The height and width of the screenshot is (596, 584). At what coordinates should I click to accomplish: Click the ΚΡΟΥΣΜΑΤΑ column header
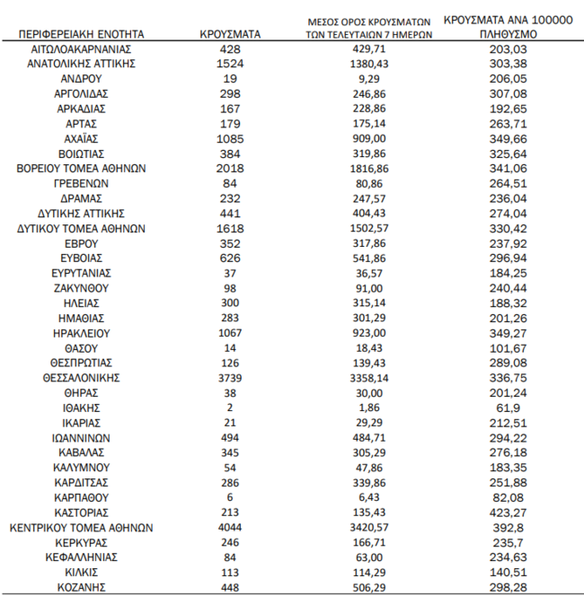(x=230, y=34)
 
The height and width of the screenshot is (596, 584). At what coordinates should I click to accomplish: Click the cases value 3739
(x=230, y=378)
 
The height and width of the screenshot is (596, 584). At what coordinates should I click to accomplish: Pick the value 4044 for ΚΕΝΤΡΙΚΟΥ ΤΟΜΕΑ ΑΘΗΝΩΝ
(x=230, y=528)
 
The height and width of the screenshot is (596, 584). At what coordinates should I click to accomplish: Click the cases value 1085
(x=230, y=139)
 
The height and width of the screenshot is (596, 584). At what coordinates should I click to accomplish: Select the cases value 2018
(x=230, y=169)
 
